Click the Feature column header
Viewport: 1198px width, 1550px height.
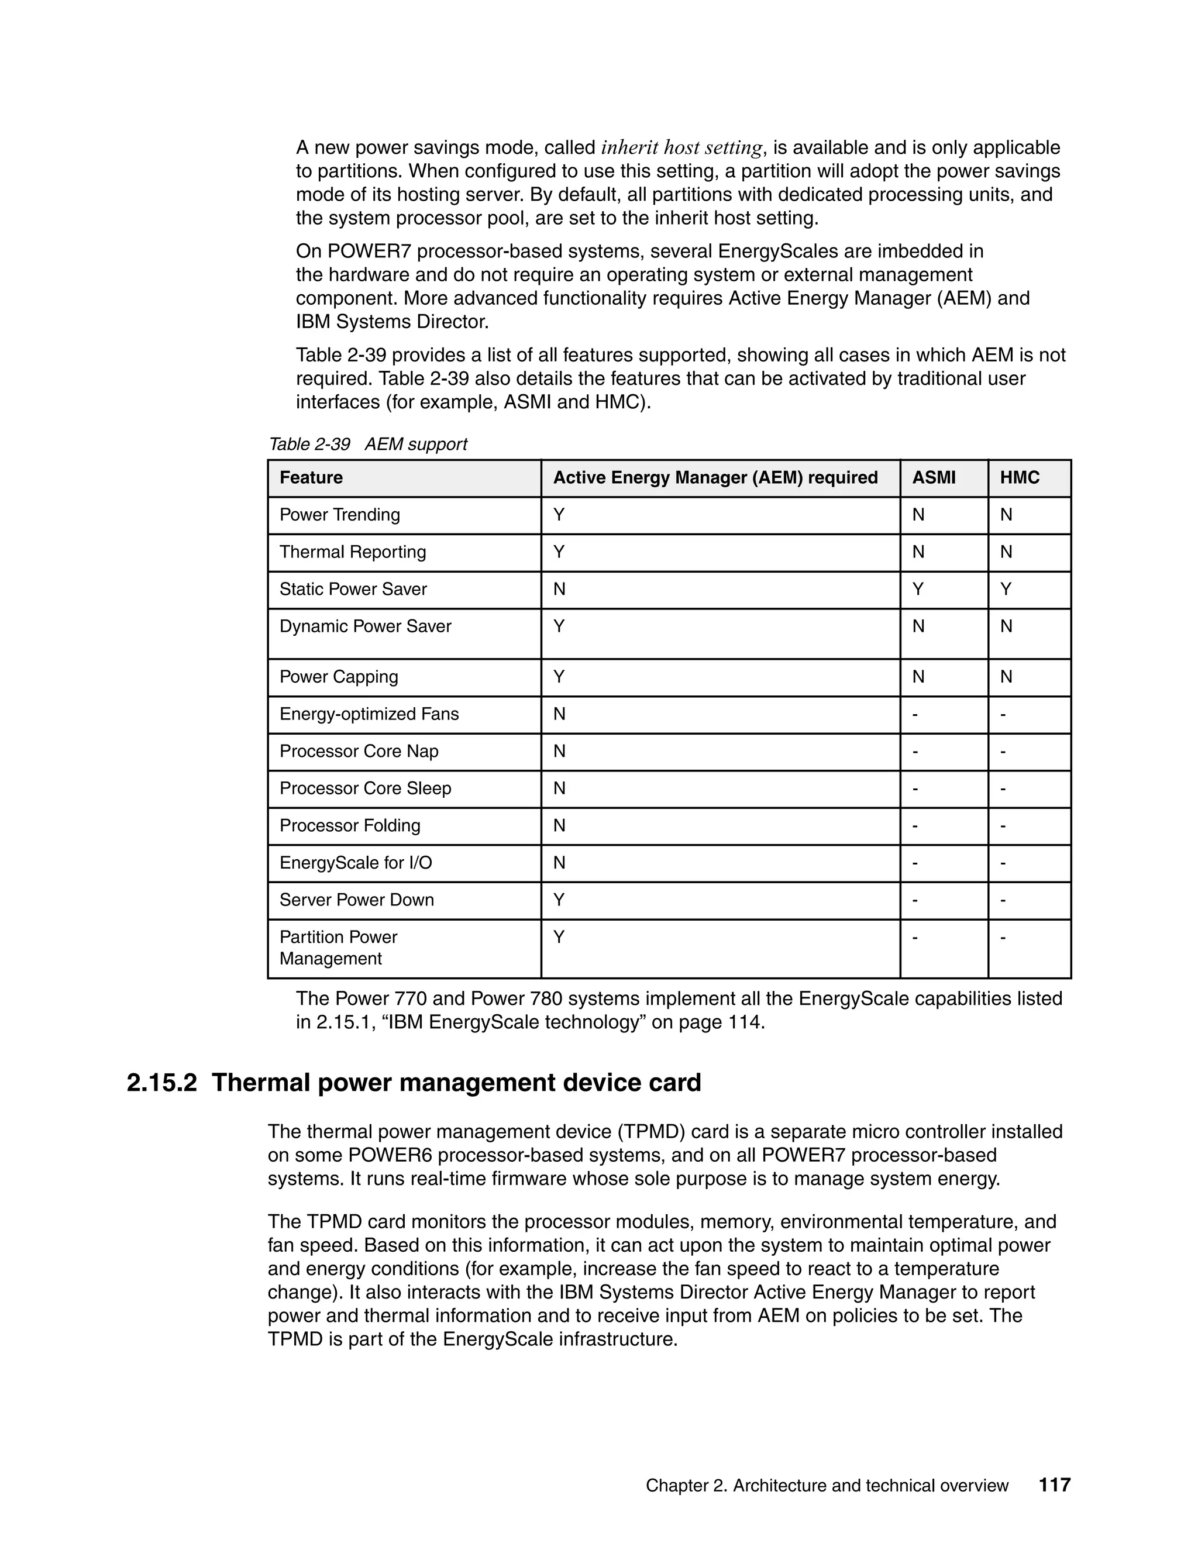[311, 478]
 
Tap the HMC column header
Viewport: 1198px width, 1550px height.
[1019, 478]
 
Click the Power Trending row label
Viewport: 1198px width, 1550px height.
[339, 515]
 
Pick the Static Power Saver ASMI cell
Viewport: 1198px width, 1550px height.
[918, 589]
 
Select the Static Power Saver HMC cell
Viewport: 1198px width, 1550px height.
[1006, 589]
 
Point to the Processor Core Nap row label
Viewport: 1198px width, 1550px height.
[359, 751]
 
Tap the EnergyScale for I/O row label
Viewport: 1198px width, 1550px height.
[356, 862]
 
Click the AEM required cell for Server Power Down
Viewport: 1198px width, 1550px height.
[559, 900]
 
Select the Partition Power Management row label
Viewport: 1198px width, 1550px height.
[338, 948]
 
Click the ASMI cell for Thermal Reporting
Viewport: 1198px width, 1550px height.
[918, 552]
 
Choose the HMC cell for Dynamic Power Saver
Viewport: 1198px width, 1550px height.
[1006, 626]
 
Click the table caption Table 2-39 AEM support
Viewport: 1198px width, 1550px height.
[367, 445]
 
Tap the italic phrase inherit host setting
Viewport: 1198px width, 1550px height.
[681, 147]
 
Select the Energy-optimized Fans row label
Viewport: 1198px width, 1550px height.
[369, 714]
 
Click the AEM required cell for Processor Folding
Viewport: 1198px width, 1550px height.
[559, 825]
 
